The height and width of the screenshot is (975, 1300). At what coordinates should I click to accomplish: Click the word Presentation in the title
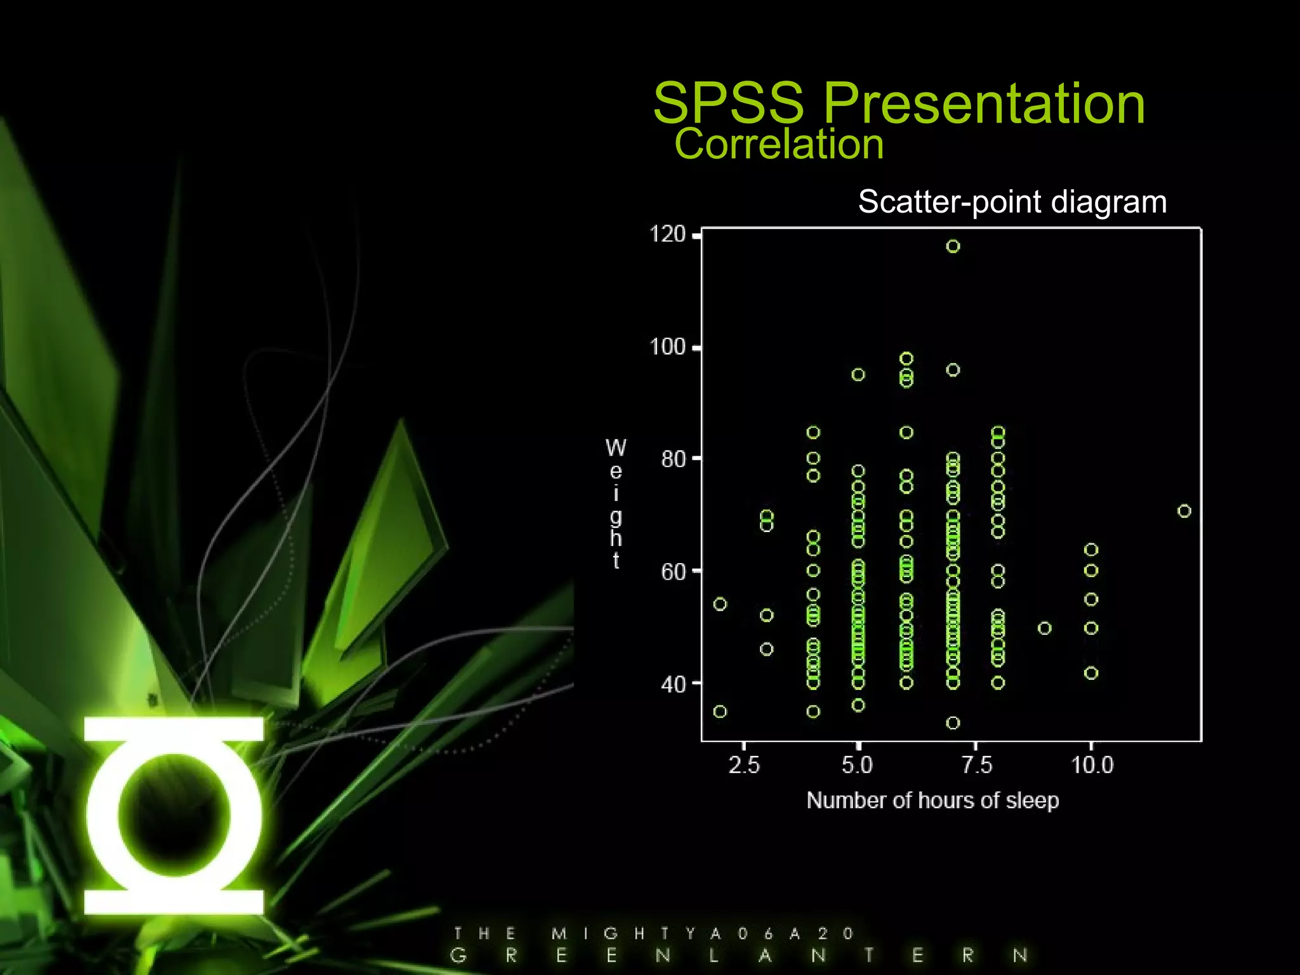984,103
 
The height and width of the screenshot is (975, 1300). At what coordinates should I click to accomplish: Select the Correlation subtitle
778,144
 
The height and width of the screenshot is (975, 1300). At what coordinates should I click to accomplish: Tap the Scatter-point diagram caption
1012,202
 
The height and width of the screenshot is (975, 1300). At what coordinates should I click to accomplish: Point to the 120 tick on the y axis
668,235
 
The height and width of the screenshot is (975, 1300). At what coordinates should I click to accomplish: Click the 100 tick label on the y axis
668,347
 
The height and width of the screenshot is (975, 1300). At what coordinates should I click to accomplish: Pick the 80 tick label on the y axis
673,459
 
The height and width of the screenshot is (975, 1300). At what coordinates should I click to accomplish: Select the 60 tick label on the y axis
673,572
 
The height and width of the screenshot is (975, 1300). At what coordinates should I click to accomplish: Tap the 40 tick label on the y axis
673,684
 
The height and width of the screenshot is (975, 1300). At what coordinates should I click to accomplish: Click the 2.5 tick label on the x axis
743,765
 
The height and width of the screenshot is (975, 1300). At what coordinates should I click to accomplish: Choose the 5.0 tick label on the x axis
857,765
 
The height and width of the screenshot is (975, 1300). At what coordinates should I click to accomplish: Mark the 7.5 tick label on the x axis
976,765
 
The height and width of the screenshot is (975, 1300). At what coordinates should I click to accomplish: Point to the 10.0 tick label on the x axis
1092,765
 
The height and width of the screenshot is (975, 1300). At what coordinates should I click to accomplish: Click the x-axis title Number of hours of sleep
932,800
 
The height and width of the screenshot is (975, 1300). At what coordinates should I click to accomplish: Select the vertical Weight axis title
616,503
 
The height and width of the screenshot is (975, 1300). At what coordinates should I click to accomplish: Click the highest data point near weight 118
953,246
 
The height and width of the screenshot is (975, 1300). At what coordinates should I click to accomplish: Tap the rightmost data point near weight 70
1184,511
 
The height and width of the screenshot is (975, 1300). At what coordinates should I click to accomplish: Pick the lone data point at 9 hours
1044,628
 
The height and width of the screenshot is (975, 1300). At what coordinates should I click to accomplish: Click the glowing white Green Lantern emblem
174,816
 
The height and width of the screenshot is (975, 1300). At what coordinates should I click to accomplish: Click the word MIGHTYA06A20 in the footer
702,934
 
